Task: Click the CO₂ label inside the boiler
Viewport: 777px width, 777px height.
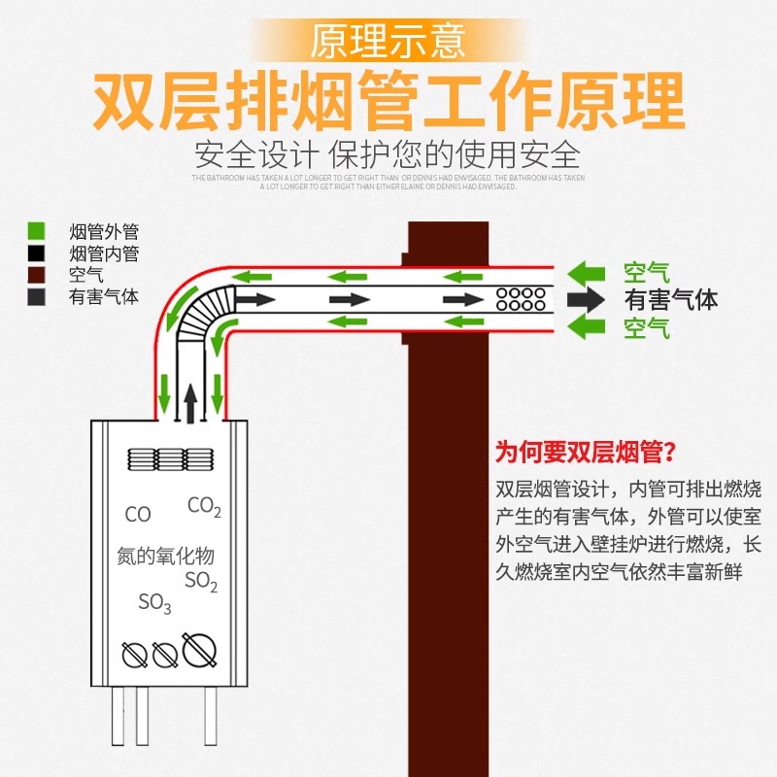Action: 205,506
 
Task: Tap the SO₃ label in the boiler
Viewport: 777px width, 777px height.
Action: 154,604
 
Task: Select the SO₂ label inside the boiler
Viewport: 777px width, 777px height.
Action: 201,582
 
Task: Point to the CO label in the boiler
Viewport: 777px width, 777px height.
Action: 138,515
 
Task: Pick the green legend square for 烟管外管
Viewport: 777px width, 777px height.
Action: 37,232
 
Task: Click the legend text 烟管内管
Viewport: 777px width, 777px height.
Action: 104,254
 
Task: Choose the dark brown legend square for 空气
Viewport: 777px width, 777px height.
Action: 37,276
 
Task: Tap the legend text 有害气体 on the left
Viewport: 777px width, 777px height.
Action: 104,297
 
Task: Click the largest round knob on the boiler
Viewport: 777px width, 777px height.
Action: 199,649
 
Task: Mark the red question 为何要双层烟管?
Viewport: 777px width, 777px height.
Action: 586,452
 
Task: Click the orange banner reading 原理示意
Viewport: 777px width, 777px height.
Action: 388,41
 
